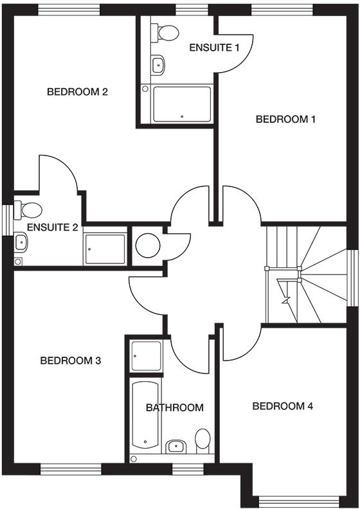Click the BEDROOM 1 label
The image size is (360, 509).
[x=286, y=119]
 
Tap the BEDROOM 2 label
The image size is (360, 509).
[x=77, y=91]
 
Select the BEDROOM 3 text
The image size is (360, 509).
[x=71, y=361]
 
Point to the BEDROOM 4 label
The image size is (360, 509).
[x=283, y=406]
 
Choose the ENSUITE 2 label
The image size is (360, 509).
[x=53, y=227]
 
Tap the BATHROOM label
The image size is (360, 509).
[x=174, y=407]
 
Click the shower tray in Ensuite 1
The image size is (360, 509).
[x=182, y=104]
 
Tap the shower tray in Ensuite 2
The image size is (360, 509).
[x=104, y=249]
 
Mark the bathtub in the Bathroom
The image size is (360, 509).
[x=145, y=415]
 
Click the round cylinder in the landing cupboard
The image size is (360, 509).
[x=148, y=245]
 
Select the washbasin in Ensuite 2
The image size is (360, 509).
[x=21, y=242]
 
